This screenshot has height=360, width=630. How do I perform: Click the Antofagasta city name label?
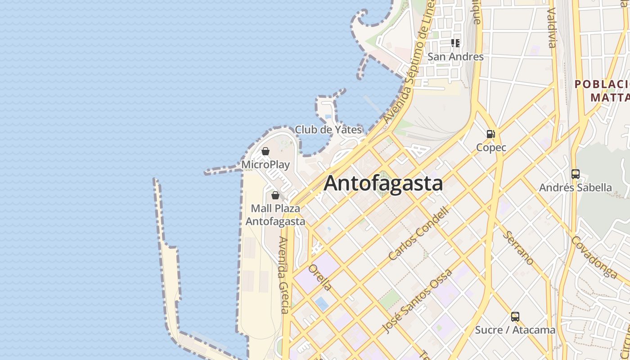pos(383,184)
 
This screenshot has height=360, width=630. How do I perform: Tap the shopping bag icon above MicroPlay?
pos(265,151)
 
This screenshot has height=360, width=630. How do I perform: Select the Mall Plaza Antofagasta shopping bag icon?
pos(275,195)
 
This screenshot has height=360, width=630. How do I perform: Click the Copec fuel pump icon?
pos(490,134)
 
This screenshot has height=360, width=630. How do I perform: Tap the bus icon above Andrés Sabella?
pos(575,174)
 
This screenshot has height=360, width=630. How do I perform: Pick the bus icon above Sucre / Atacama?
pos(515,316)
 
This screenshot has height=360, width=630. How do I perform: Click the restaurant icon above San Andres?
pos(455,43)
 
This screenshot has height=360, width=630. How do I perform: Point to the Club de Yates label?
pos(328,130)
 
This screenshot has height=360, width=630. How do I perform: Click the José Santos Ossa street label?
pos(417,301)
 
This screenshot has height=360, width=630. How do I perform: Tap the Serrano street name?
pos(518,248)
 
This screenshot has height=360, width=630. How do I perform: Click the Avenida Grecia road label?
pos(283,275)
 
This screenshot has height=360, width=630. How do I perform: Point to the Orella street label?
pos(320,277)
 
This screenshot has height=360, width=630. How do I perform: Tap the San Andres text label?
pos(455,57)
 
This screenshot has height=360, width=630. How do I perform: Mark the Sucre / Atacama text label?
pos(515,330)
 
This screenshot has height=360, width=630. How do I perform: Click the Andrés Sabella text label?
pos(575,188)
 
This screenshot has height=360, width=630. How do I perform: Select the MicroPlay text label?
pos(265,165)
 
